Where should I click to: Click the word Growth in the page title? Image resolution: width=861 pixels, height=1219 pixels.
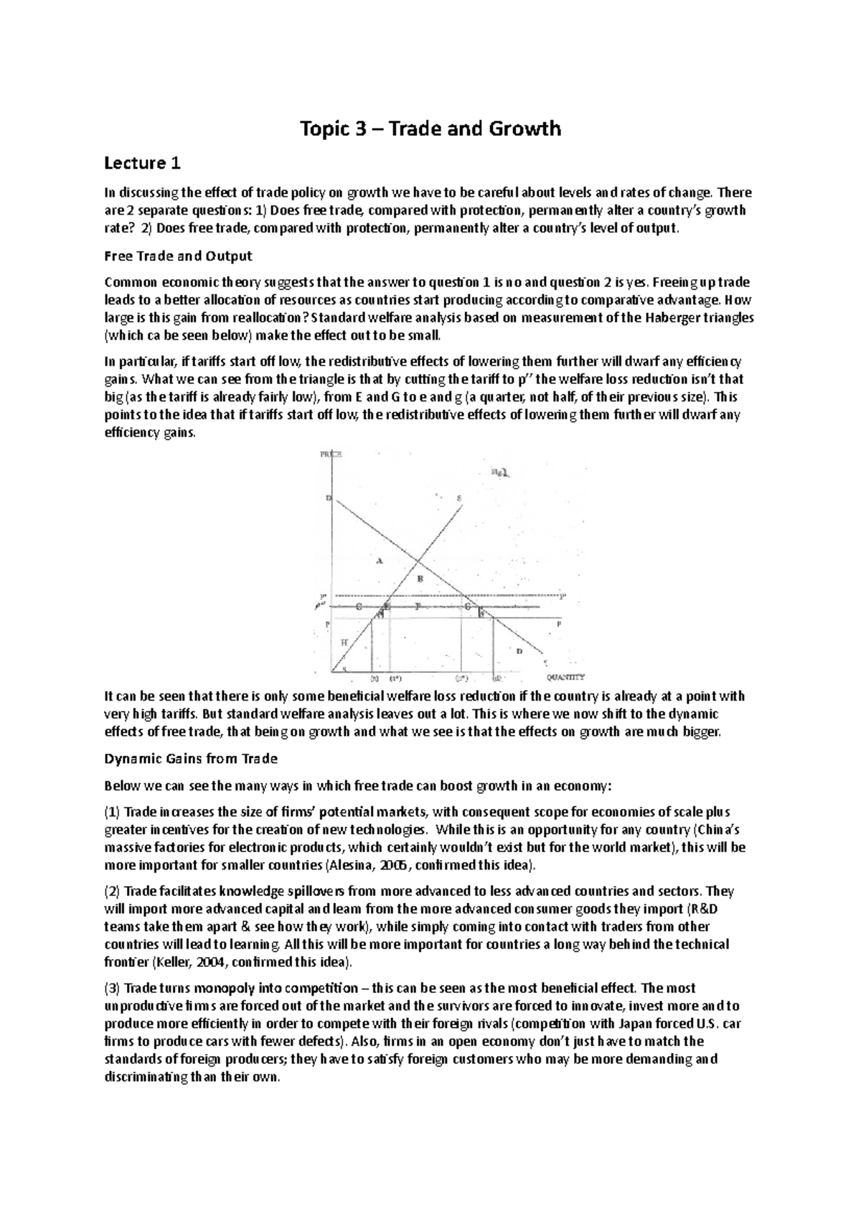[525, 129]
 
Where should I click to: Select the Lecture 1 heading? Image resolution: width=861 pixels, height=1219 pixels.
[142, 164]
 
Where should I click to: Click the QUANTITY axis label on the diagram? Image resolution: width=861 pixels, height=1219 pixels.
[565, 676]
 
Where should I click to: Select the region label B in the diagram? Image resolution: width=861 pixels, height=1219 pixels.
[421, 579]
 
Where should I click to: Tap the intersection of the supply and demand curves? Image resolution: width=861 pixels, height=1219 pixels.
[418, 561]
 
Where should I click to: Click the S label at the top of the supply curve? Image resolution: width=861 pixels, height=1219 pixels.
[459, 498]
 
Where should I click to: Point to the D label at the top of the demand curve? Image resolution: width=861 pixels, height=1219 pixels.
[329, 498]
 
